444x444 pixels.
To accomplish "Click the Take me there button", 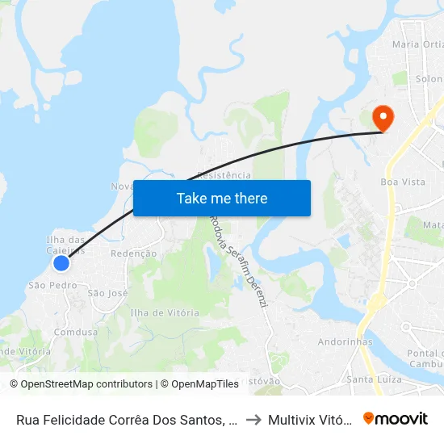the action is (222, 199).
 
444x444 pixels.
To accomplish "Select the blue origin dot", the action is (61, 263).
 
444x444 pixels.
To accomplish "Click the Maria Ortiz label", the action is (417, 44).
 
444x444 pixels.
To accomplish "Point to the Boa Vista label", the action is (403, 182).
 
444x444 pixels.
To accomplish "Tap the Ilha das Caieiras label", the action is (65, 245).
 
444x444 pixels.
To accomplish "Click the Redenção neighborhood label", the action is (133, 253).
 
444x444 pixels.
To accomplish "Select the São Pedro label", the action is (53, 285).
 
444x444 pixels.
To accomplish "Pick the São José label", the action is (108, 293).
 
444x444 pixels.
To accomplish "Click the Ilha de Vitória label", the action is (165, 312).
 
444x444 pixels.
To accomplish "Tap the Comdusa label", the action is (76, 332).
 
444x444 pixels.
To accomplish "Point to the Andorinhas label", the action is (345, 341).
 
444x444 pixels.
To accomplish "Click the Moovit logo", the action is (396, 418).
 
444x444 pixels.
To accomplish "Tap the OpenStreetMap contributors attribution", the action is (85, 384).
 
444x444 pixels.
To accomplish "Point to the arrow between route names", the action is (253, 420).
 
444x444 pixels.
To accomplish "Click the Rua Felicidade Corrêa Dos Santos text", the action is (126, 420).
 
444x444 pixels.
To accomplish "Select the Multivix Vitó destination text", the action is (310, 420).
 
